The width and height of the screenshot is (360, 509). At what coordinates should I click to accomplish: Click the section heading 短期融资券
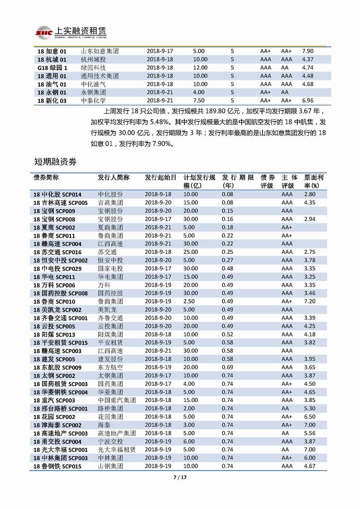tap(55, 161)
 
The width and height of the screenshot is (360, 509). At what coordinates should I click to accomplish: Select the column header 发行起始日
tap(160, 177)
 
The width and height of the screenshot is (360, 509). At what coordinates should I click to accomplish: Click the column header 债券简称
tap(46, 177)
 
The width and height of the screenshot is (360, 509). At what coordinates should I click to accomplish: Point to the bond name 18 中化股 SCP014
tap(57, 194)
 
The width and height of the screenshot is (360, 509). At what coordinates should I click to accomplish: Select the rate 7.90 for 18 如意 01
tap(308, 51)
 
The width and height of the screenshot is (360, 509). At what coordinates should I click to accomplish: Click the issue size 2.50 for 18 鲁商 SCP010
tap(189, 301)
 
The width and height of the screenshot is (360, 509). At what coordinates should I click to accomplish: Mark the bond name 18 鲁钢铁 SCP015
tap(57, 466)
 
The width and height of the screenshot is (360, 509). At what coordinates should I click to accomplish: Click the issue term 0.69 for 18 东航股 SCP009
tap(228, 367)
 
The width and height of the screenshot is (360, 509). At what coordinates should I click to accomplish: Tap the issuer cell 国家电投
tap(110, 268)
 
